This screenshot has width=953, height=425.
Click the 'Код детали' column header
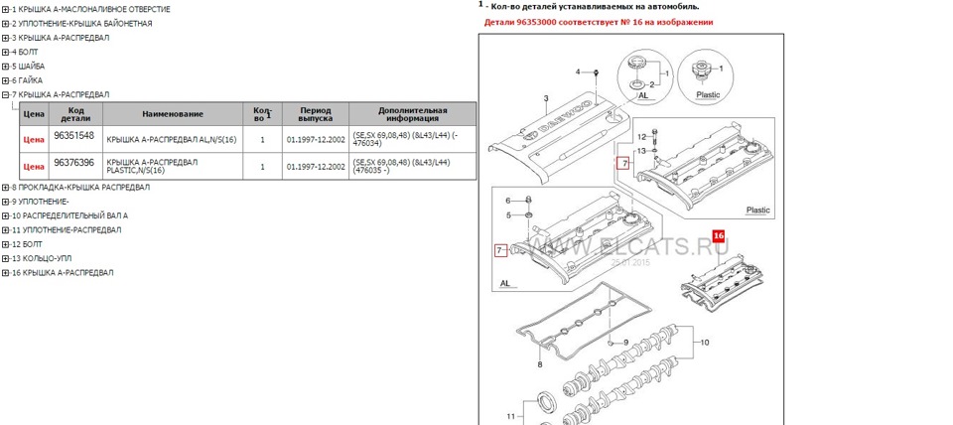[x=73, y=114]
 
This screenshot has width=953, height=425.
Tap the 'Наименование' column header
[x=173, y=114]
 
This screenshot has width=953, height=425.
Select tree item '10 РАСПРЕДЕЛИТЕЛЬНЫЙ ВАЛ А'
[x=69, y=215]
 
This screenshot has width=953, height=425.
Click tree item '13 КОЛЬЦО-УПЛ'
[x=45, y=257]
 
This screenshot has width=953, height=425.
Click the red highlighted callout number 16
[x=719, y=237]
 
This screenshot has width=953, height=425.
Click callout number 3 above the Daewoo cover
[x=545, y=98]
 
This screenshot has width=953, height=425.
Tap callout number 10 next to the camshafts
[x=705, y=342]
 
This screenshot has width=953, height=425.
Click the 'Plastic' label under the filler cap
[x=708, y=95]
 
